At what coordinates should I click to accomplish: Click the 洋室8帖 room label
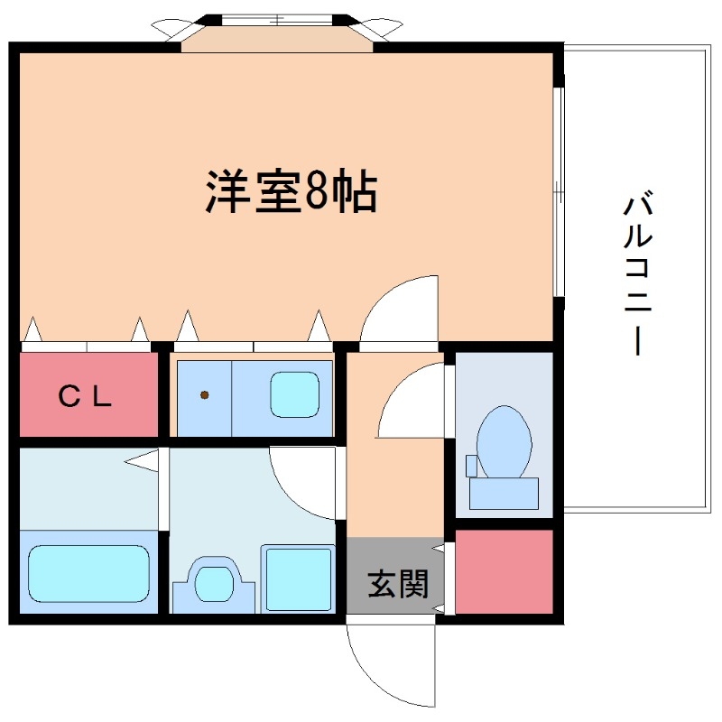[x=290, y=190]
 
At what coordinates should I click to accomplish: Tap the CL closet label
[x=86, y=396]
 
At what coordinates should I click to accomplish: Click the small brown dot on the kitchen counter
[x=205, y=395]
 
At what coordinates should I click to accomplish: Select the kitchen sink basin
[x=296, y=395]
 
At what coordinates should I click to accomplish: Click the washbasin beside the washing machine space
[x=215, y=582]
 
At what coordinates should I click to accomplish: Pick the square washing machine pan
[x=298, y=579]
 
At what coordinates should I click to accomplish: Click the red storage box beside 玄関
[x=504, y=572]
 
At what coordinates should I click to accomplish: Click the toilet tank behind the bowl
[x=503, y=493]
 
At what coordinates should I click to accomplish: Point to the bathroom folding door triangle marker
[x=142, y=462]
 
